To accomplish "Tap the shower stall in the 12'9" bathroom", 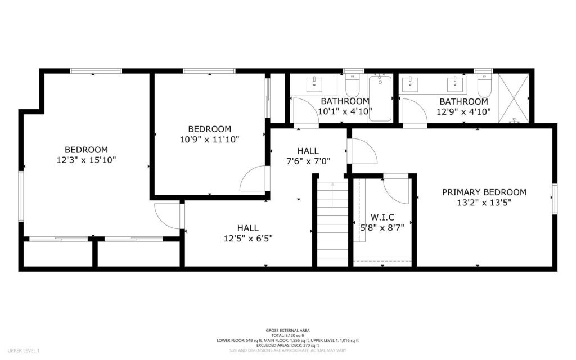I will [514, 98].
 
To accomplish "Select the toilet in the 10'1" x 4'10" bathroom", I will [353, 86].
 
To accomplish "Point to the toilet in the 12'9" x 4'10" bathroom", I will [484, 86].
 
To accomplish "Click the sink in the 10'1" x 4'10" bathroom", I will [314, 84].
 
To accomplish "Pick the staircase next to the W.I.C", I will [332, 222].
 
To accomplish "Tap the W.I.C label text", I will [382, 217].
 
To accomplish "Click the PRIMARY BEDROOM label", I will [484, 192].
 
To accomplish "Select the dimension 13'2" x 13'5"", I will [484, 203].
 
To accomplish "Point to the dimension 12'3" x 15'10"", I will [86, 160].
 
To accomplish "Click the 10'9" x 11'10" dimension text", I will [209, 139].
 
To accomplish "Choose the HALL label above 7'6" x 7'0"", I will [308, 151].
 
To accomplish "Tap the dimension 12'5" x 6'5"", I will [247, 238].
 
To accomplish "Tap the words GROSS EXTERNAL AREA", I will [287, 330].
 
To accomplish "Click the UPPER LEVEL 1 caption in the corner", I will [24, 350].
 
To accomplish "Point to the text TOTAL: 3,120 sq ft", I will [287, 335].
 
